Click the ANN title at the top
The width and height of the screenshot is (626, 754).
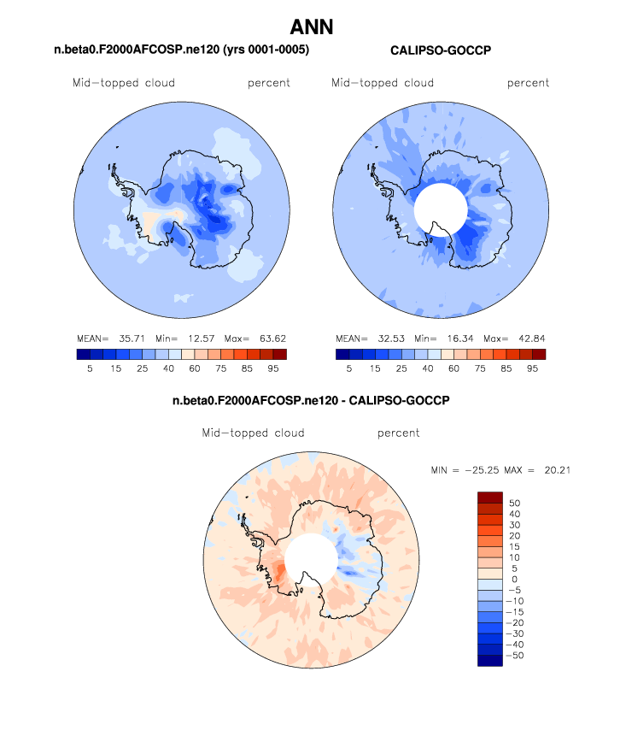[x=312, y=27]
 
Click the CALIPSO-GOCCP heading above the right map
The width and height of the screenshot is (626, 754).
[x=441, y=51]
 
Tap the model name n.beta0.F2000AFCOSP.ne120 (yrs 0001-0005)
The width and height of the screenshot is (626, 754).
[x=181, y=51]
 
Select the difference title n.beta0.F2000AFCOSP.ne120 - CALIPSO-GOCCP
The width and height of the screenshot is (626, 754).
[x=311, y=400]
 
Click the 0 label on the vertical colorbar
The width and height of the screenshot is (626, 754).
[x=512, y=579]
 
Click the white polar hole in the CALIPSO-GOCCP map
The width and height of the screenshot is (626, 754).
[x=441, y=209]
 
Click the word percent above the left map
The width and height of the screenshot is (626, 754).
[x=269, y=83]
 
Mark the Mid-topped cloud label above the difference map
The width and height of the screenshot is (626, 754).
[x=253, y=433]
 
